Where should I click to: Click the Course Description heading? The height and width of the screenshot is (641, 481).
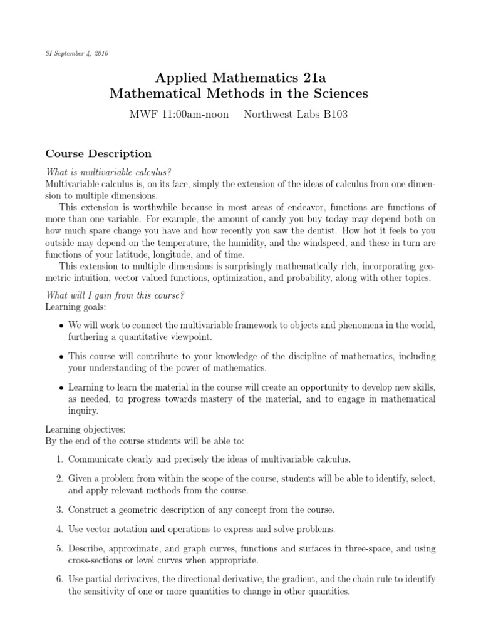(98, 153)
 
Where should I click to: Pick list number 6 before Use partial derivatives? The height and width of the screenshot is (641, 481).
(59, 580)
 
